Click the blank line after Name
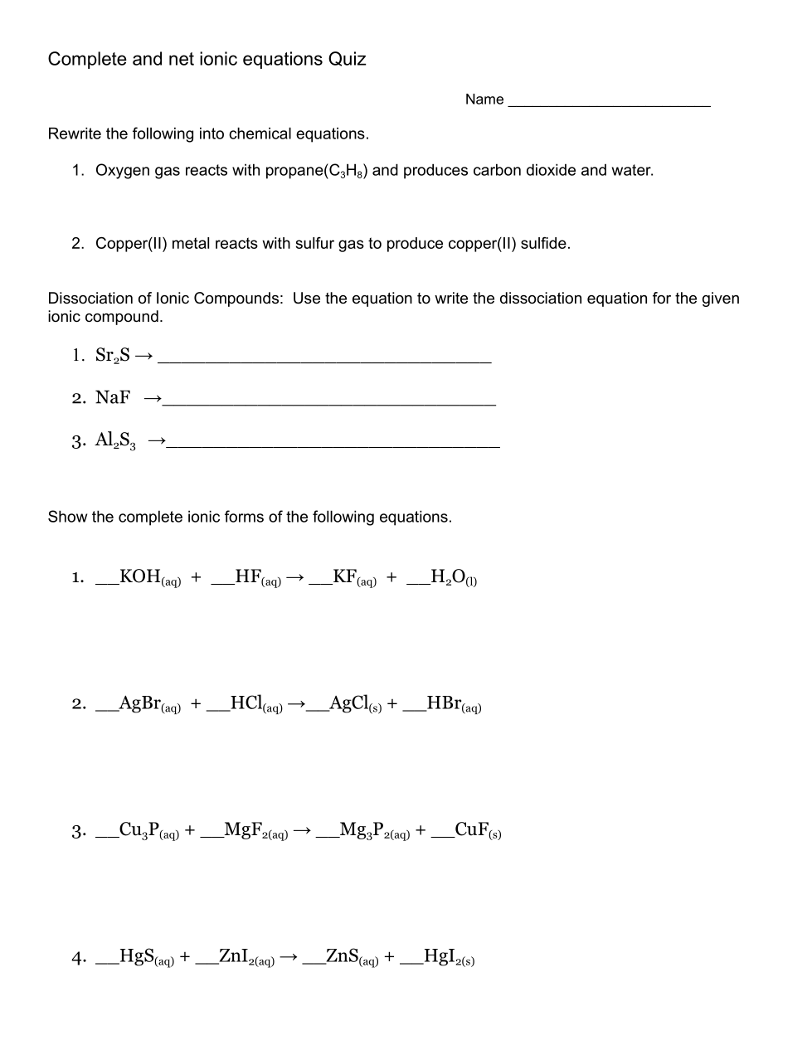pos(609,103)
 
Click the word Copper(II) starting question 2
pos(131,244)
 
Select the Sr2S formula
pos(113,356)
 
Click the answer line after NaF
pos(329,401)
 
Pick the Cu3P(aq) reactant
pos(148,830)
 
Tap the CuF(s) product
pos(478,830)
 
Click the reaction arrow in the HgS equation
pos(289,957)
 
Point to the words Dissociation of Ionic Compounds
pos(165,299)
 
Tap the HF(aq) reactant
pos(258,577)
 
